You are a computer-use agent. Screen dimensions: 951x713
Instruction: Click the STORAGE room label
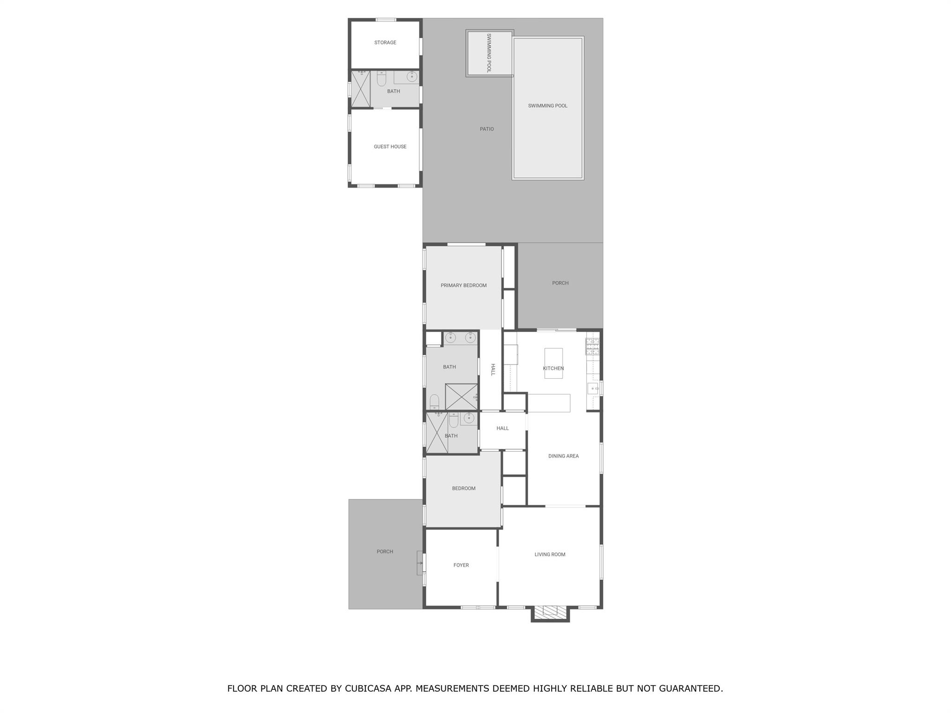click(x=385, y=43)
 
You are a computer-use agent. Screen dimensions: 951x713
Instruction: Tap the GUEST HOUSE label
click(x=390, y=147)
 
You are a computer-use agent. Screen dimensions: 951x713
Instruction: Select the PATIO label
click(x=487, y=129)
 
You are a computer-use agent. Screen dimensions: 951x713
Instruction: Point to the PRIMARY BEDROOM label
click(x=463, y=285)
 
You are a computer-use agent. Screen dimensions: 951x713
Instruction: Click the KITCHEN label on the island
click(x=553, y=369)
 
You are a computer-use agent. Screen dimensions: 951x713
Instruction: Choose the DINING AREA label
click(x=563, y=456)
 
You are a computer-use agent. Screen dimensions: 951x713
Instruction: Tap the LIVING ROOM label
click(x=550, y=554)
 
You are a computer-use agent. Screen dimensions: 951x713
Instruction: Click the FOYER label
click(x=461, y=565)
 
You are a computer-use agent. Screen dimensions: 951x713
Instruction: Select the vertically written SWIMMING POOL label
click(x=489, y=53)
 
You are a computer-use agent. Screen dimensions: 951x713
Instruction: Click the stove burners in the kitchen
click(x=592, y=347)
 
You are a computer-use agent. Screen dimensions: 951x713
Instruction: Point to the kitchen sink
click(x=593, y=388)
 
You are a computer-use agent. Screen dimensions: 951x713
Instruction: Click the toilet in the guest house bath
click(x=381, y=78)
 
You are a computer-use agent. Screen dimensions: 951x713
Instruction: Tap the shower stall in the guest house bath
click(x=360, y=89)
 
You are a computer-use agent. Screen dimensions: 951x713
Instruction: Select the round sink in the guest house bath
click(x=412, y=77)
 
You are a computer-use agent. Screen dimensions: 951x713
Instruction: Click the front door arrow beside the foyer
click(x=421, y=563)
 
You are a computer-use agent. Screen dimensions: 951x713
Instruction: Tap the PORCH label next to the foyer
click(x=385, y=552)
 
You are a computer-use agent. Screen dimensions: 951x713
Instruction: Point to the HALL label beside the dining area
click(x=502, y=428)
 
